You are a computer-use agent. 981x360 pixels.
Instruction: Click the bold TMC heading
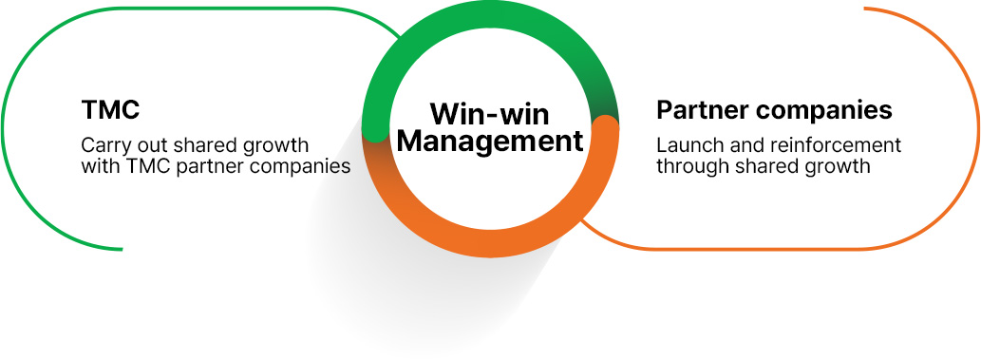pyautogui.click(x=110, y=110)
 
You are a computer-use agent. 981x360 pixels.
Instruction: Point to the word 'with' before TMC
pyautogui.click(x=100, y=166)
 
